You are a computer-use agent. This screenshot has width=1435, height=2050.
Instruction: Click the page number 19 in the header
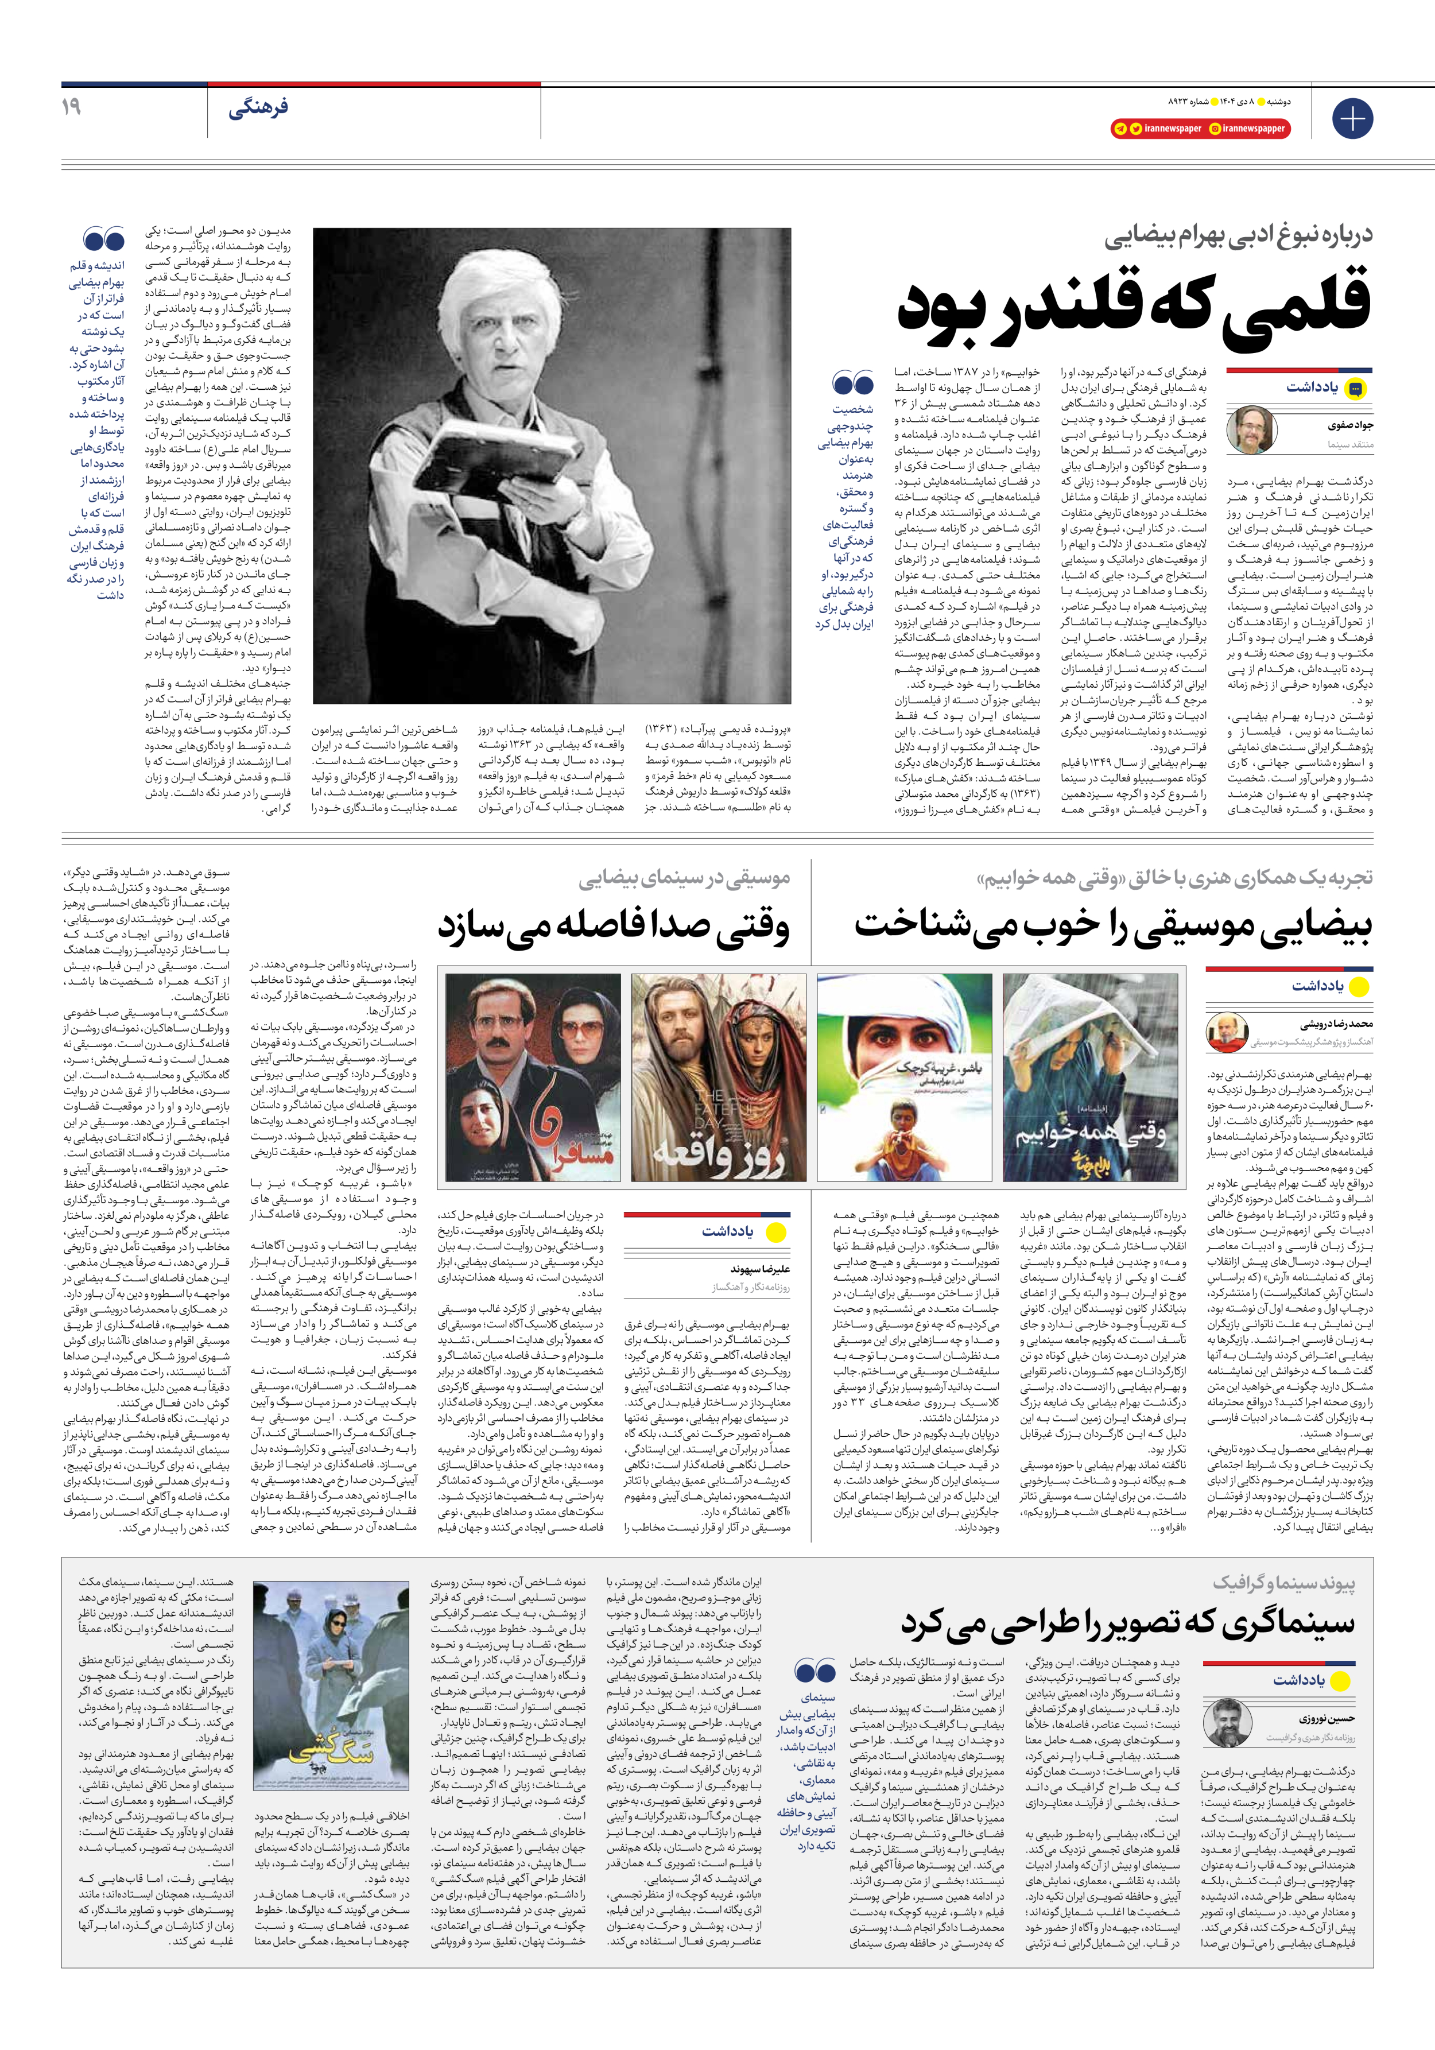[x=71, y=106]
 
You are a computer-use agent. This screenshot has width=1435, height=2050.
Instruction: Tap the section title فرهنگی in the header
[x=258, y=108]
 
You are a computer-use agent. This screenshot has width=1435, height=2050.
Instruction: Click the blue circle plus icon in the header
[x=1352, y=118]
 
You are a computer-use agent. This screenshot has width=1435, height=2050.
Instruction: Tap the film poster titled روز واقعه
[x=718, y=1078]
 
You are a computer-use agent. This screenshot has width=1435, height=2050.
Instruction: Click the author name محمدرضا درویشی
[x=1336, y=1024]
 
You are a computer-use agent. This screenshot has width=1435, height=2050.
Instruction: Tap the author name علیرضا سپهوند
[x=760, y=1269]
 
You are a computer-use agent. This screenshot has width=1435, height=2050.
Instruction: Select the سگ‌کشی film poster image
[x=331, y=1685]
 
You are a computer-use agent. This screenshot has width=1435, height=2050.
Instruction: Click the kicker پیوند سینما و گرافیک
[x=1283, y=1583]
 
